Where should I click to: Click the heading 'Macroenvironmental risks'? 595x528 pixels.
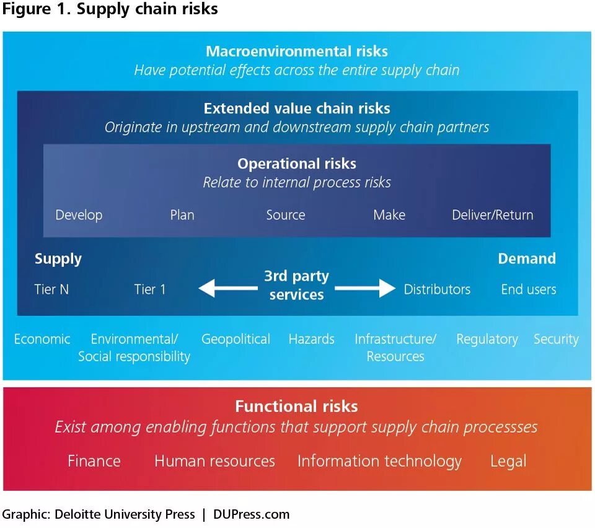coord(297,51)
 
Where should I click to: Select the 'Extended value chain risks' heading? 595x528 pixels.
coord(297,108)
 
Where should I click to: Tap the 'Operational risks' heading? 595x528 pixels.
coord(297,164)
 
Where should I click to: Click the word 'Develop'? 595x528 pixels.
coord(79,215)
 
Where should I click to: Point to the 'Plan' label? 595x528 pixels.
coord(182,215)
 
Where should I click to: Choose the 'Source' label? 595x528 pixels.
coord(286,215)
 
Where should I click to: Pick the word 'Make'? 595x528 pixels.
coord(389,215)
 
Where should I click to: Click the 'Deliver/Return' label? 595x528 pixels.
coord(493,215)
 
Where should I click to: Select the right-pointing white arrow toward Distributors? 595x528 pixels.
coord(365,288)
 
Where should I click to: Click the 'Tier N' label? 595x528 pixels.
coord(51,289)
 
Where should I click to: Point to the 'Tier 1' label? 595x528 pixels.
coord(150,289)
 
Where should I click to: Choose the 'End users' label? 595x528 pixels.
coord(529,289)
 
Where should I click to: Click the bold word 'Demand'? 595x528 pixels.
coord(527,258)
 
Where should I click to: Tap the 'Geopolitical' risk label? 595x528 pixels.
coord(236,339)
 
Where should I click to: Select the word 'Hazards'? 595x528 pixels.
coord(311,339)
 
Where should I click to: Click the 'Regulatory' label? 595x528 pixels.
coord(487,339)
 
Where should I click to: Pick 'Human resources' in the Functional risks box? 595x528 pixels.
coord(214,461)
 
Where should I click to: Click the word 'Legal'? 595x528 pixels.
coord(508,461)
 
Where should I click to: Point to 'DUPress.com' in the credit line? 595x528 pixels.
coord(251,514)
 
